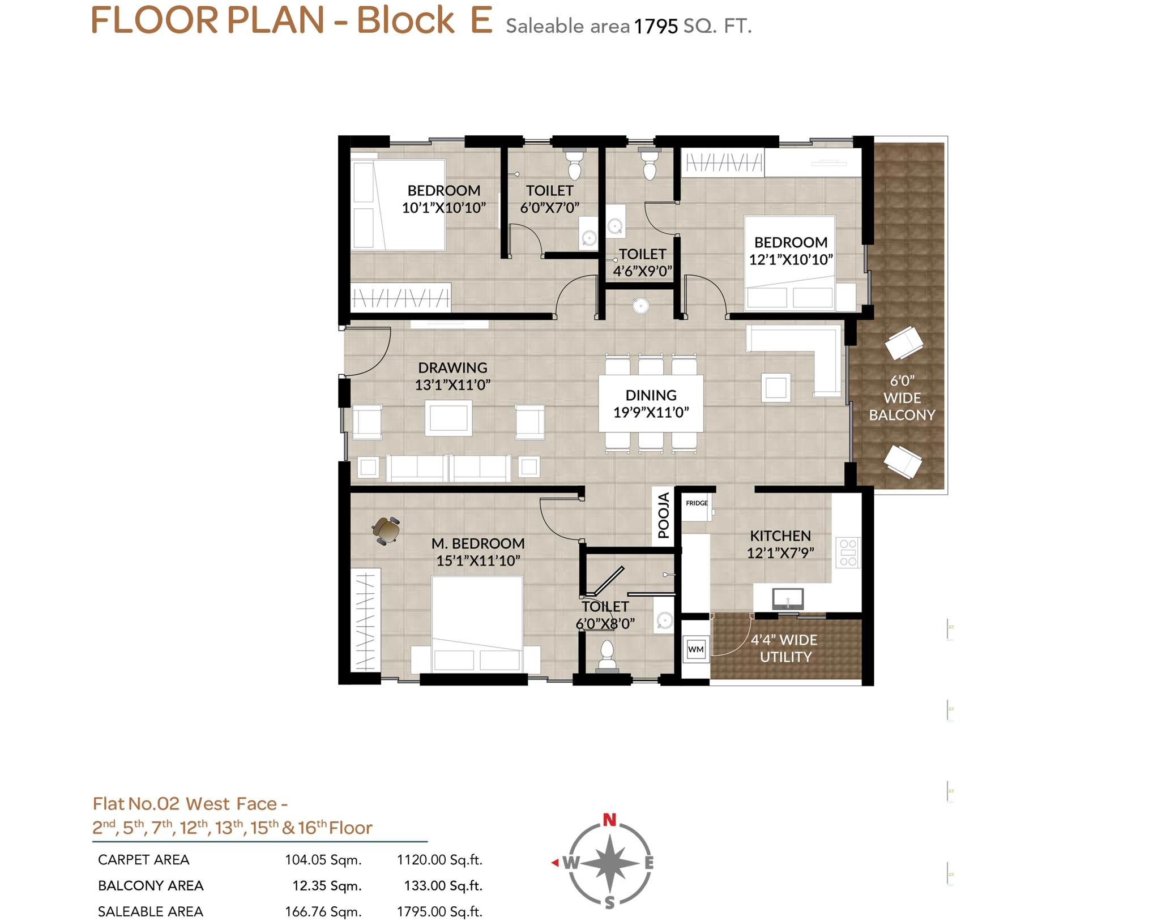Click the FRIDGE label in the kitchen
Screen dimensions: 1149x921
696,503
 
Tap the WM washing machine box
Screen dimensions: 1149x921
695,649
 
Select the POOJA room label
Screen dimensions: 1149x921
663,515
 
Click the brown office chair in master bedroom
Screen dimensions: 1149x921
387,530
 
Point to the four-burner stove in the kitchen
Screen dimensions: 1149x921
848,552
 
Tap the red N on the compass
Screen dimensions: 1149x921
609,819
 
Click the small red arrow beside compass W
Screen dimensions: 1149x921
555,862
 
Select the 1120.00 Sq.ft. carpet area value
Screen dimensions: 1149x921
439,859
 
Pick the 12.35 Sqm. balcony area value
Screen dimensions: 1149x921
327,885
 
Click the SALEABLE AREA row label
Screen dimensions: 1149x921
151,911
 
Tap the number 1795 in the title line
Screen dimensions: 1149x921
656,26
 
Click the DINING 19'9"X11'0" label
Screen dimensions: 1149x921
651,404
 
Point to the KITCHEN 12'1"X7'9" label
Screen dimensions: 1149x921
780,544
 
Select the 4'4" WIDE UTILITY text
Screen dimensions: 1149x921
784,648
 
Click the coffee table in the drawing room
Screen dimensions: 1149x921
449,418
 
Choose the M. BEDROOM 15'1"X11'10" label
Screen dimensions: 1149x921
477,552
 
